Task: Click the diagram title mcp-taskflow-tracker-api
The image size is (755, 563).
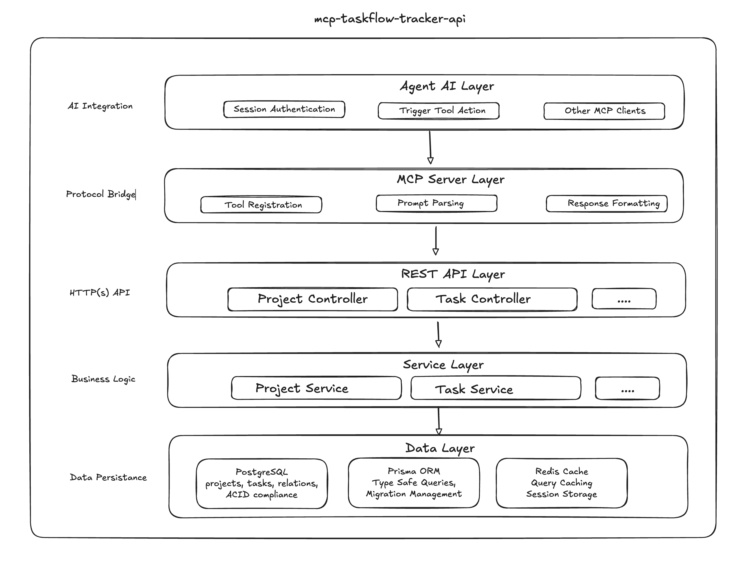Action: (x=390, y=18)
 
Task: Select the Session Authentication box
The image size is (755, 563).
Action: (x=284, y=109)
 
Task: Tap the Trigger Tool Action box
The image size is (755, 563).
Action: (x=438, y=111)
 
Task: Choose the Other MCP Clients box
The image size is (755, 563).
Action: (x=604, y=111)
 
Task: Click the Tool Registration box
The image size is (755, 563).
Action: (x=261, y=205)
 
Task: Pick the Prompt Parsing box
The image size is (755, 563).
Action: (x=436, y=203)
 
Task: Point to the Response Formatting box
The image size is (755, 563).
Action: (x=606, y=203)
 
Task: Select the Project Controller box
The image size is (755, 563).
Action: (x=313, y=299)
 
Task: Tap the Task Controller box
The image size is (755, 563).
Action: (x=492, y=299)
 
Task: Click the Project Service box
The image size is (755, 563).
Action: (x=316, y=388)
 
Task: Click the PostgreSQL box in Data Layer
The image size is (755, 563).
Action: (x=262, y=483)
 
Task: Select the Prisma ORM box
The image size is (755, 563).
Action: (x=413, y=483)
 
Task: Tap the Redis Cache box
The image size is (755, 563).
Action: (x=561, y=483)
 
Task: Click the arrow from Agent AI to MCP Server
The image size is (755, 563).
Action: (x=430, y=147)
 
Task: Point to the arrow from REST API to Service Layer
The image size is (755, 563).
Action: (x=438, y=334)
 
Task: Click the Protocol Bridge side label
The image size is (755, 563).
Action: (x=100, y=194)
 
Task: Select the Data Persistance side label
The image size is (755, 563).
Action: (x=108, y=478)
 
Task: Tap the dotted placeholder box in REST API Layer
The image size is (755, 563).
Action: (x=624, y=299)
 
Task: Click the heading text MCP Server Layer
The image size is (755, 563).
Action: (x=450, y=180)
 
